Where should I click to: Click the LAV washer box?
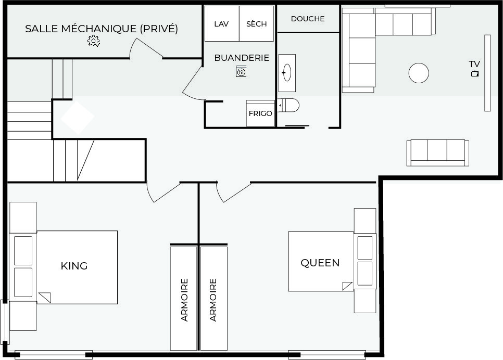(x=222, y=24)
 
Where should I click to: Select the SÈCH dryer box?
(x=256, y=24)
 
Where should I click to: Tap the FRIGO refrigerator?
(x=260, y=113)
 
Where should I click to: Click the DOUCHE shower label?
(x=308, y=19)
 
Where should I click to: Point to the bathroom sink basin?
(x=287, y=73)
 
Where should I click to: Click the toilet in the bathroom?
(x=288, y=105)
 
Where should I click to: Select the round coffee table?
(x=419, y=73)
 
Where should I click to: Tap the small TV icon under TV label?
(x=475, y=74)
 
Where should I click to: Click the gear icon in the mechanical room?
(x=94, y=41)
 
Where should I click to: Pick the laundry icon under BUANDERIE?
(x=241, y=71)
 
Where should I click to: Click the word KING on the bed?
(x=74, y=266)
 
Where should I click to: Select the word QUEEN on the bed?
(x=320, y=263)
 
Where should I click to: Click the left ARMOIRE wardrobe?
(x=183, y=298)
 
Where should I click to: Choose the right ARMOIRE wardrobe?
(x=213, y=298)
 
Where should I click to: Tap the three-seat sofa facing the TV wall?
(x=437, y=153)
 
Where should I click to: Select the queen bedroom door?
(x=232, y=193)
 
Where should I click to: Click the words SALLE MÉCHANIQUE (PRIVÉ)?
(x=102, y=29)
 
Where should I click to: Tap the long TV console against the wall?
(x=487, y=73)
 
